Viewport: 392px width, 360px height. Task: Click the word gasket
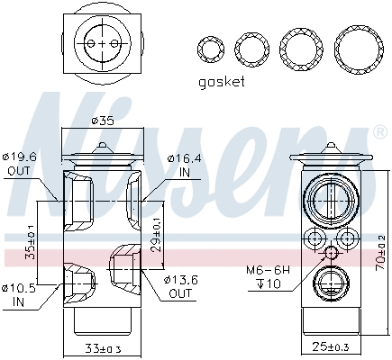pos(221,83)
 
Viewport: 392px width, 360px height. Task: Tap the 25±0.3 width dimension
pos(329,346)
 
